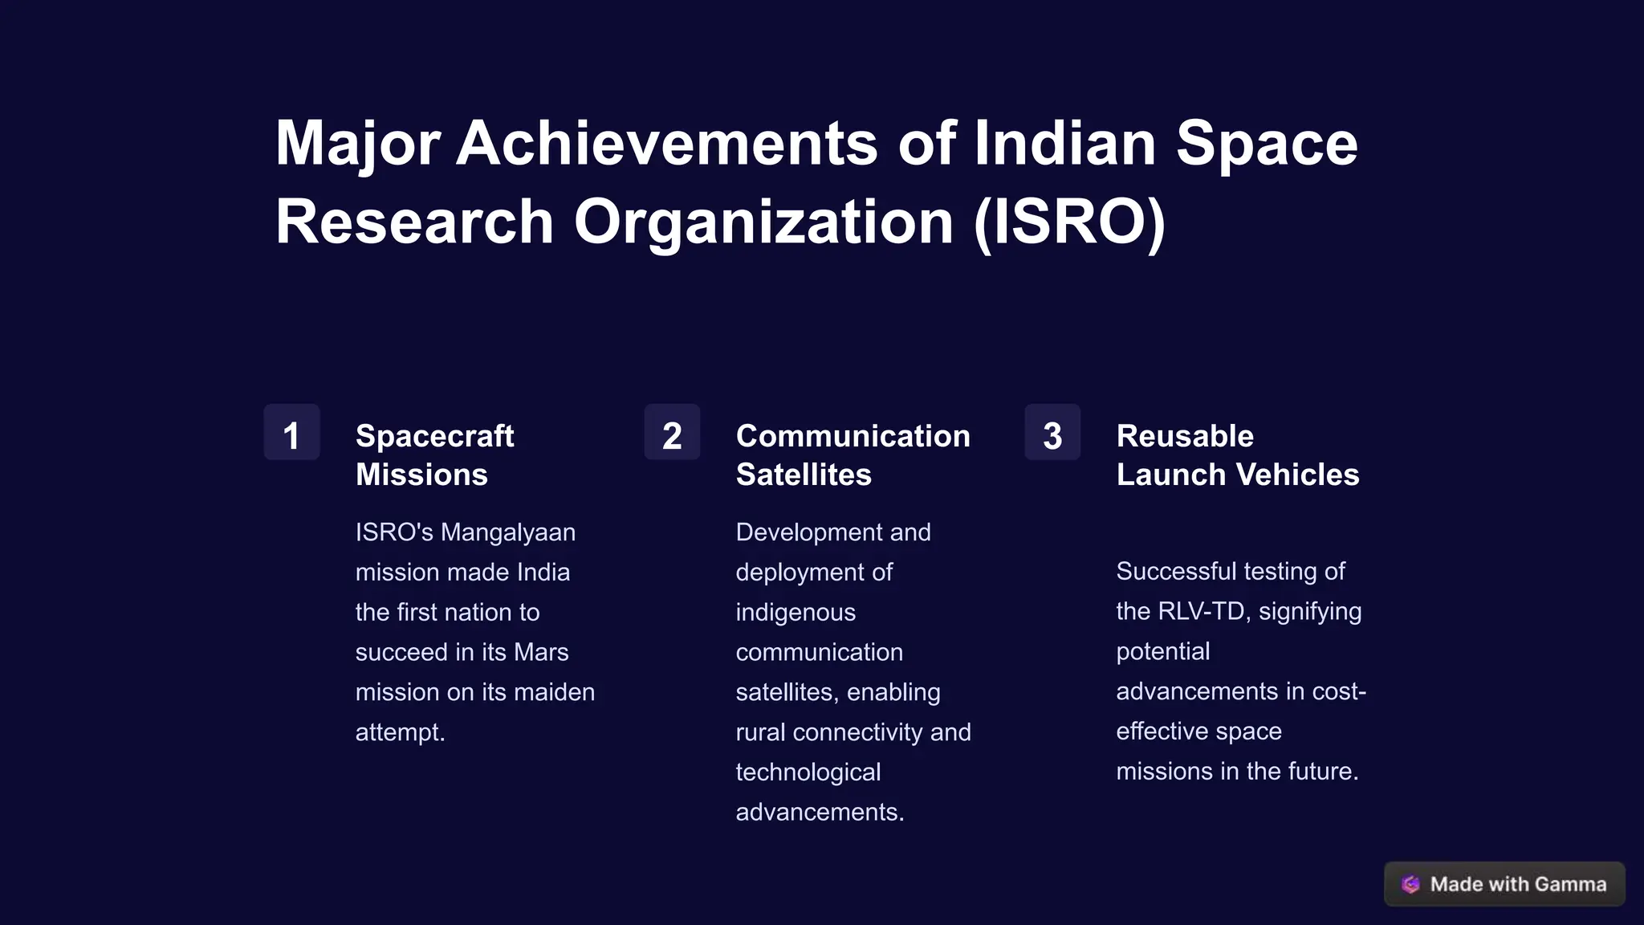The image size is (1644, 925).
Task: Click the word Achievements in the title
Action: [x=667, y=143]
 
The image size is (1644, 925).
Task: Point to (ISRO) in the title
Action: [x=1069, y=222]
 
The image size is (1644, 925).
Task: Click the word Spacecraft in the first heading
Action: [x=434, y=436]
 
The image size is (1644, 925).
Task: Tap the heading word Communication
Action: [x=853, y=436]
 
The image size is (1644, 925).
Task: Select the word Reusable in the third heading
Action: [x=1185, y=436]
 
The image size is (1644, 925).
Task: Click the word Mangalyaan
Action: [x=507, y=532]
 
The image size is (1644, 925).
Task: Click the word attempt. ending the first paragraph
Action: [x=400, y=732]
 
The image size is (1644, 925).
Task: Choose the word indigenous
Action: [x=796, y=613]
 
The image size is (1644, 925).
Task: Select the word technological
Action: [x=808, y=772]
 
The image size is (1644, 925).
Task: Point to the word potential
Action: [x=1162, y=651]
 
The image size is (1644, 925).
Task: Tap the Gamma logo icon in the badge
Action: [x=1410, y=884]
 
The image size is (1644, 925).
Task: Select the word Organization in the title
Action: [x=763, y=222]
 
